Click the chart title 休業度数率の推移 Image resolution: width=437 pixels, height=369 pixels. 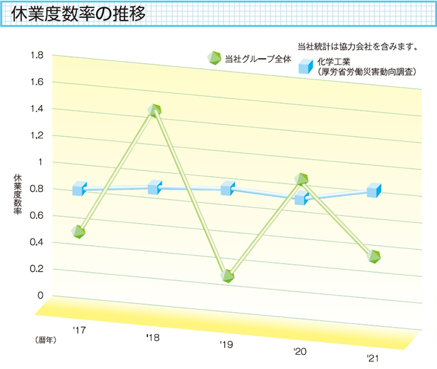click(80, 14)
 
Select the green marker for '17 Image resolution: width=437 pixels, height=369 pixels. click(78, 231)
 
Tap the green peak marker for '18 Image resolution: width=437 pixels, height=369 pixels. click(155, 110)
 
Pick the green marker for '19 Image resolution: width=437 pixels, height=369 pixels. click(227, 275)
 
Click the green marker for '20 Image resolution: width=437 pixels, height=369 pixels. click(302, 180)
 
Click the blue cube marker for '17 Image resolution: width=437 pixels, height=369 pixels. click(79, 188)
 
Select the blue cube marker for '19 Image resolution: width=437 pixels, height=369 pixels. click(228, 188)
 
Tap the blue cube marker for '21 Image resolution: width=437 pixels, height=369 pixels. click(374, 190)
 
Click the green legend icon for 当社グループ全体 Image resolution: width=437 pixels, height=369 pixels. click(214, 58)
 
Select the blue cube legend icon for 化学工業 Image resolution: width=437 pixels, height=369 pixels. click(306, 66)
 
